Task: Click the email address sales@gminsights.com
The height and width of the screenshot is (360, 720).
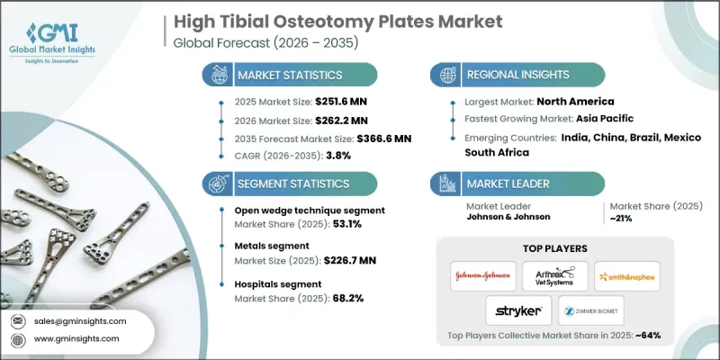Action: click(x=80, y=320)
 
